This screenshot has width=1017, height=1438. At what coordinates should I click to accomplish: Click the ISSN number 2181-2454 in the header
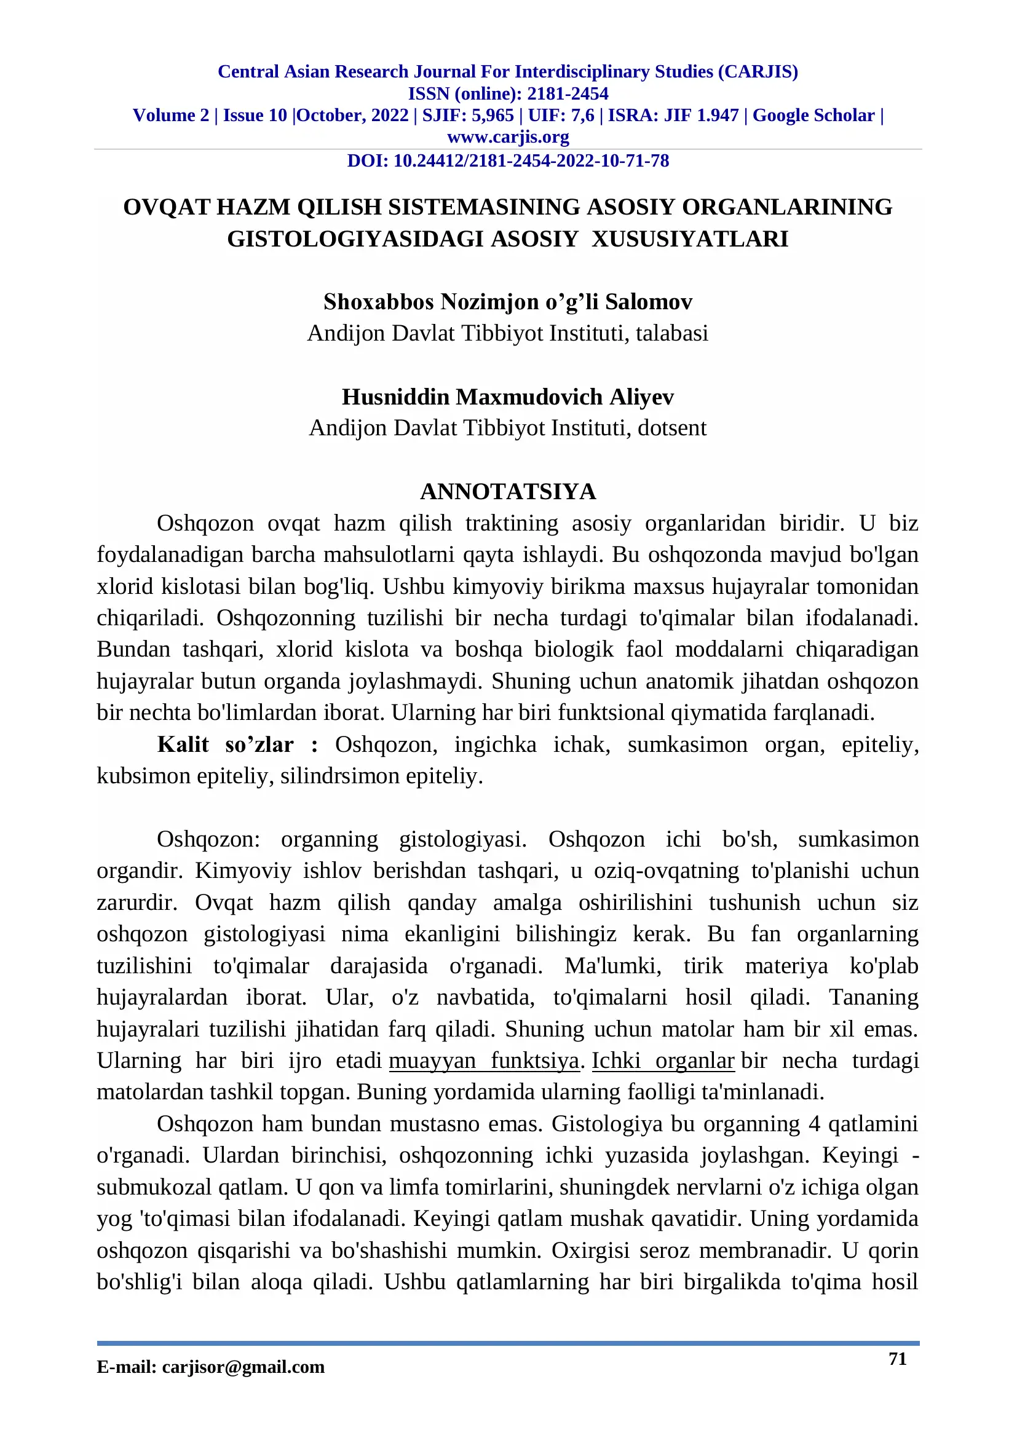[x=568, y=94]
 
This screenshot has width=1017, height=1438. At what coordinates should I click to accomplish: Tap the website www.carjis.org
[x=508, y=136]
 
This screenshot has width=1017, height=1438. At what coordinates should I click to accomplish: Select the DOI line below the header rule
[x=508, y=161]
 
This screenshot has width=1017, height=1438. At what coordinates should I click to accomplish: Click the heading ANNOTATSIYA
[x=508, y=492]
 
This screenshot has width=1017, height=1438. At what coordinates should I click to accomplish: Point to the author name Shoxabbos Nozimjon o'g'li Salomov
[x=508, y=302]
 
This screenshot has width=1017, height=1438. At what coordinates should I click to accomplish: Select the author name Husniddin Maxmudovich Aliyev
[x=508, y=397]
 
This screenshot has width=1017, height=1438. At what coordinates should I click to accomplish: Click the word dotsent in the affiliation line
[x=672, y=429]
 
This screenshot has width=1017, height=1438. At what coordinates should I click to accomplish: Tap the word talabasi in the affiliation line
[x=672, y=334]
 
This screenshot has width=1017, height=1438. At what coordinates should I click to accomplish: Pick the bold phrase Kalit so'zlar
[x=225, y=745]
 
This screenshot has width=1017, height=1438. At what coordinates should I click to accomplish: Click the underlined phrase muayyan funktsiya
[x=483, y=1061]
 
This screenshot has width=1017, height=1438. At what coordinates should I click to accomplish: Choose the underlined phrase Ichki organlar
[x=663, y=1061]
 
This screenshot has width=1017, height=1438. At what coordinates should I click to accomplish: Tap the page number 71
[x=897, y=1359]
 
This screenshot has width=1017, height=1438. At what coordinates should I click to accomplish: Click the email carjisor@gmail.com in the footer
[x=243, y=1367]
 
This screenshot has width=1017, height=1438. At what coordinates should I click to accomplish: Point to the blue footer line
[x=508, y=1343]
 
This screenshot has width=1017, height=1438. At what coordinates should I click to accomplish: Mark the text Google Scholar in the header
[x=813, y=116]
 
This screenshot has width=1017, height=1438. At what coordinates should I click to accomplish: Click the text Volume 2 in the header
[x=171, y=116]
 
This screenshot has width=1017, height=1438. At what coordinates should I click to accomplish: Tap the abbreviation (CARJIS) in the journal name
[x=758, y=72]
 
